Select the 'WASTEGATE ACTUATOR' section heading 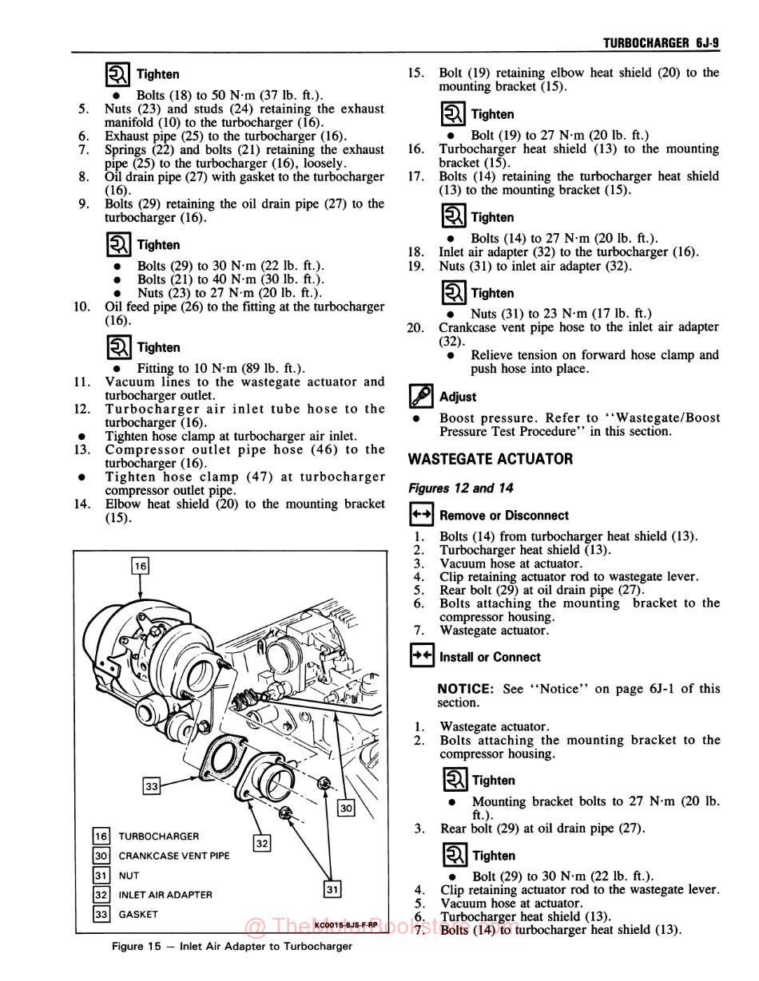click(490, 459)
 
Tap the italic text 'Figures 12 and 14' click(460, 488)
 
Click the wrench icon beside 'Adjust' click(420, 396)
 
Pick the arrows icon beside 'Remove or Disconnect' click(421, 515)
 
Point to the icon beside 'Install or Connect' click(421, 656)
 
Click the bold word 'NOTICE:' click(466, 689)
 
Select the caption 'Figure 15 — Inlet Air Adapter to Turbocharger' click(232, 947)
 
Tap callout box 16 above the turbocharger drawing click(140, 566)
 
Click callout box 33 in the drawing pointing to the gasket click(152, 786)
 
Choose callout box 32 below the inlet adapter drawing click(262, 843)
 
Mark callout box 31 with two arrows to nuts click(332, 888)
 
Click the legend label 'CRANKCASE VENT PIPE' click(173, 856)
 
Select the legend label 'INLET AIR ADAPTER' click(165, 895)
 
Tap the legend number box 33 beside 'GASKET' click(101, 915)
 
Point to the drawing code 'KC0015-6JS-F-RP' click(346, 925)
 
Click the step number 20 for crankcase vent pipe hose click(415, 327)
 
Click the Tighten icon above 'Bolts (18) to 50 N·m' click(118, 74)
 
